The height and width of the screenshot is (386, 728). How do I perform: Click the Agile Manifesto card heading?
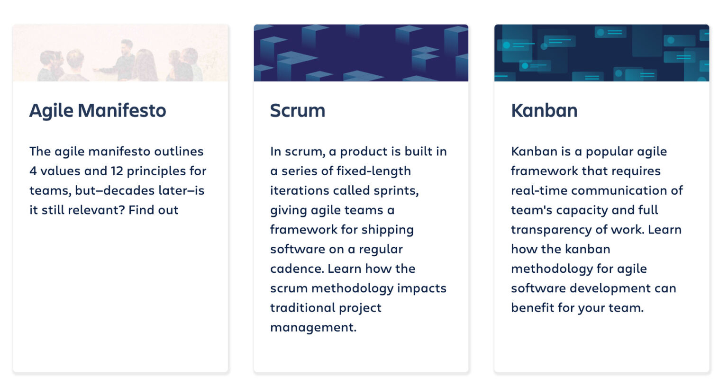(x=98, y=111)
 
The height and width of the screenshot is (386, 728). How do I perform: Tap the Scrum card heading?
(x=298, y=111)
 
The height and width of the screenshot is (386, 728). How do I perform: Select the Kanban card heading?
(x=544, y=111)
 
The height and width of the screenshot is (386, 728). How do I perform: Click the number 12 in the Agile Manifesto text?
(x=117, y=171)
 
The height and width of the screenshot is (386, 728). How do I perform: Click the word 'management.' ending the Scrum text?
(x=313, y=328)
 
